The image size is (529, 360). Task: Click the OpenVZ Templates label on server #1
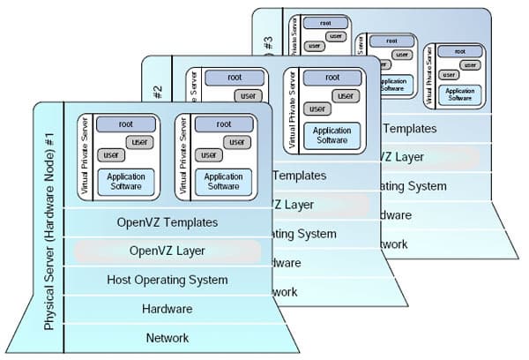point(167,222)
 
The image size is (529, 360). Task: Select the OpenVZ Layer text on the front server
point(167,251)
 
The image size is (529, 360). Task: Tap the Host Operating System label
point(167,280)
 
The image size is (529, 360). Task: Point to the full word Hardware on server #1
point(167,309)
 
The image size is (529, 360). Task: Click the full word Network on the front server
point(167,337)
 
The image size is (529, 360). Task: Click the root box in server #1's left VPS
point(125,124)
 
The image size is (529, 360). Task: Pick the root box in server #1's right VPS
point(223,124)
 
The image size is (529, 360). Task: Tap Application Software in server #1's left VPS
point(126,181)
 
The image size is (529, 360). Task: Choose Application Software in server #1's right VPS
point(223,181)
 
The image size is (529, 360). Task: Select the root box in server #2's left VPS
point(234,78)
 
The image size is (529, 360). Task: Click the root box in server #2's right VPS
point(332,78)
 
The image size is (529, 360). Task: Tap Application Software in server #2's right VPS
point(332,134)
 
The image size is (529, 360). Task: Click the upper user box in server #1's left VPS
point(138,141)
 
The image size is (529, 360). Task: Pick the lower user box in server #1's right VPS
point(208,155)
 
